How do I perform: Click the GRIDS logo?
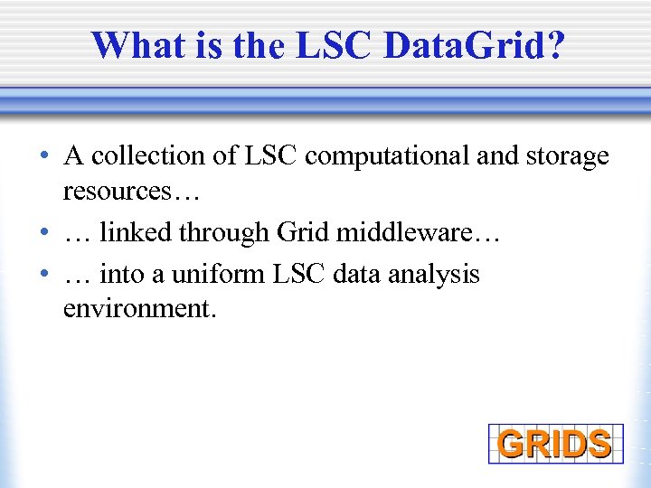tap(555, 444)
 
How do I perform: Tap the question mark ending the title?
tap(552, 45)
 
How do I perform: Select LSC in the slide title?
tap(330, 45)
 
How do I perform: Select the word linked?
tap(137, 232)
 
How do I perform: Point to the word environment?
tap(137, 308)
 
